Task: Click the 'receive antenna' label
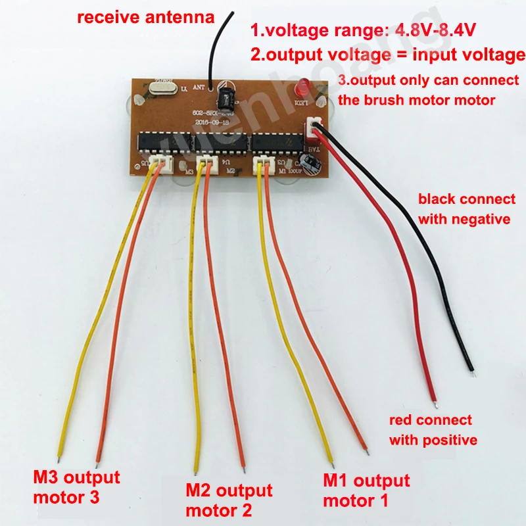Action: coord(146,18)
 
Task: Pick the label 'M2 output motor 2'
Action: coord(228,500)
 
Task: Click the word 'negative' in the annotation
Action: coord(480,219)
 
